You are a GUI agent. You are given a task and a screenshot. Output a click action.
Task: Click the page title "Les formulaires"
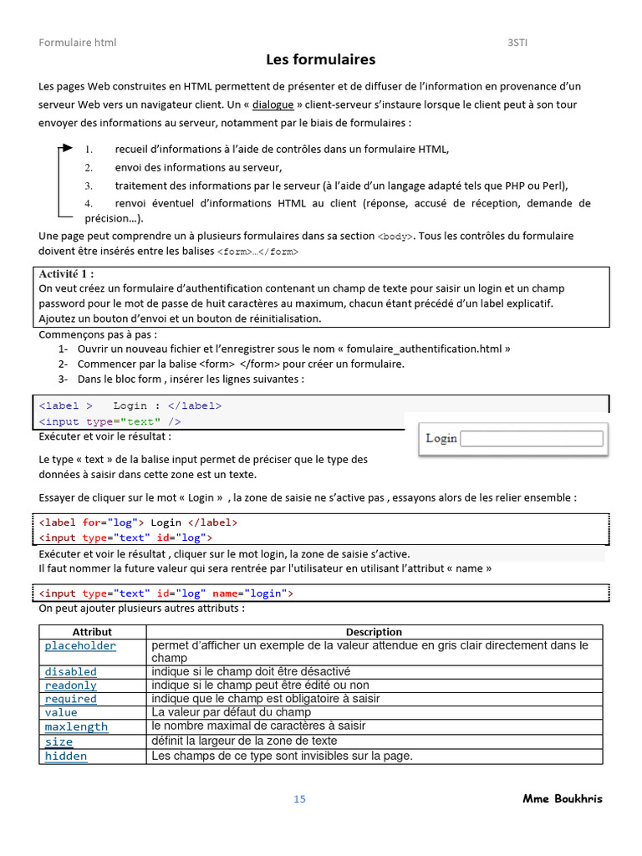click(320, 59)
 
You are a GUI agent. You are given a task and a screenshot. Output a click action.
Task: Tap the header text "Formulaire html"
click(78, 43)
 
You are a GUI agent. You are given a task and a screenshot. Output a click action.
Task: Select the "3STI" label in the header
click(518, 43)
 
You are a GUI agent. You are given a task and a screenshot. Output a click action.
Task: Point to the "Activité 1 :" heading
click(67, 273)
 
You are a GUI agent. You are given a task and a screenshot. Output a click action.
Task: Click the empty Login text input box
click(532, 438)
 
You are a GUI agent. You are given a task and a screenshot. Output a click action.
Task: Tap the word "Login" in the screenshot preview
click(441, 438)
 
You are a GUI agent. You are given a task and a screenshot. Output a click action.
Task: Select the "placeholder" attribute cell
click(80, 646)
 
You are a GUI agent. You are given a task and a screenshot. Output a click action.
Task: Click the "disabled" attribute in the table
click(70, 671)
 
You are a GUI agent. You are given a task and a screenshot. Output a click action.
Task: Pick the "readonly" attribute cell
click(70, 685)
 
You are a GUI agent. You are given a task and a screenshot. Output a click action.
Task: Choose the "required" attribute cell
click(70, 699)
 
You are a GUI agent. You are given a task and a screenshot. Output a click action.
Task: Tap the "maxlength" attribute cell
click(76, 726)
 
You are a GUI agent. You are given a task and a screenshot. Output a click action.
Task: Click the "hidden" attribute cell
click(65, 756)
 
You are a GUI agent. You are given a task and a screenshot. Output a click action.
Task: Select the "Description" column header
click(374, 632)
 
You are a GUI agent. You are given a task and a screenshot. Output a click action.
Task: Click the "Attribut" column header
click(92, 632)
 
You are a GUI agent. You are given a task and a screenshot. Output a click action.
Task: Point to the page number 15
click(299, 799)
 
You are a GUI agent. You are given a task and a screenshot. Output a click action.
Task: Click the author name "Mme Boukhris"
click(562, 798)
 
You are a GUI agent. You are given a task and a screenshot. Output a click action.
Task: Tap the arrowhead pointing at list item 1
click(66, 149)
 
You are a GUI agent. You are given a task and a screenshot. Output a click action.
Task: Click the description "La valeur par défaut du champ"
click(231, 712)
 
